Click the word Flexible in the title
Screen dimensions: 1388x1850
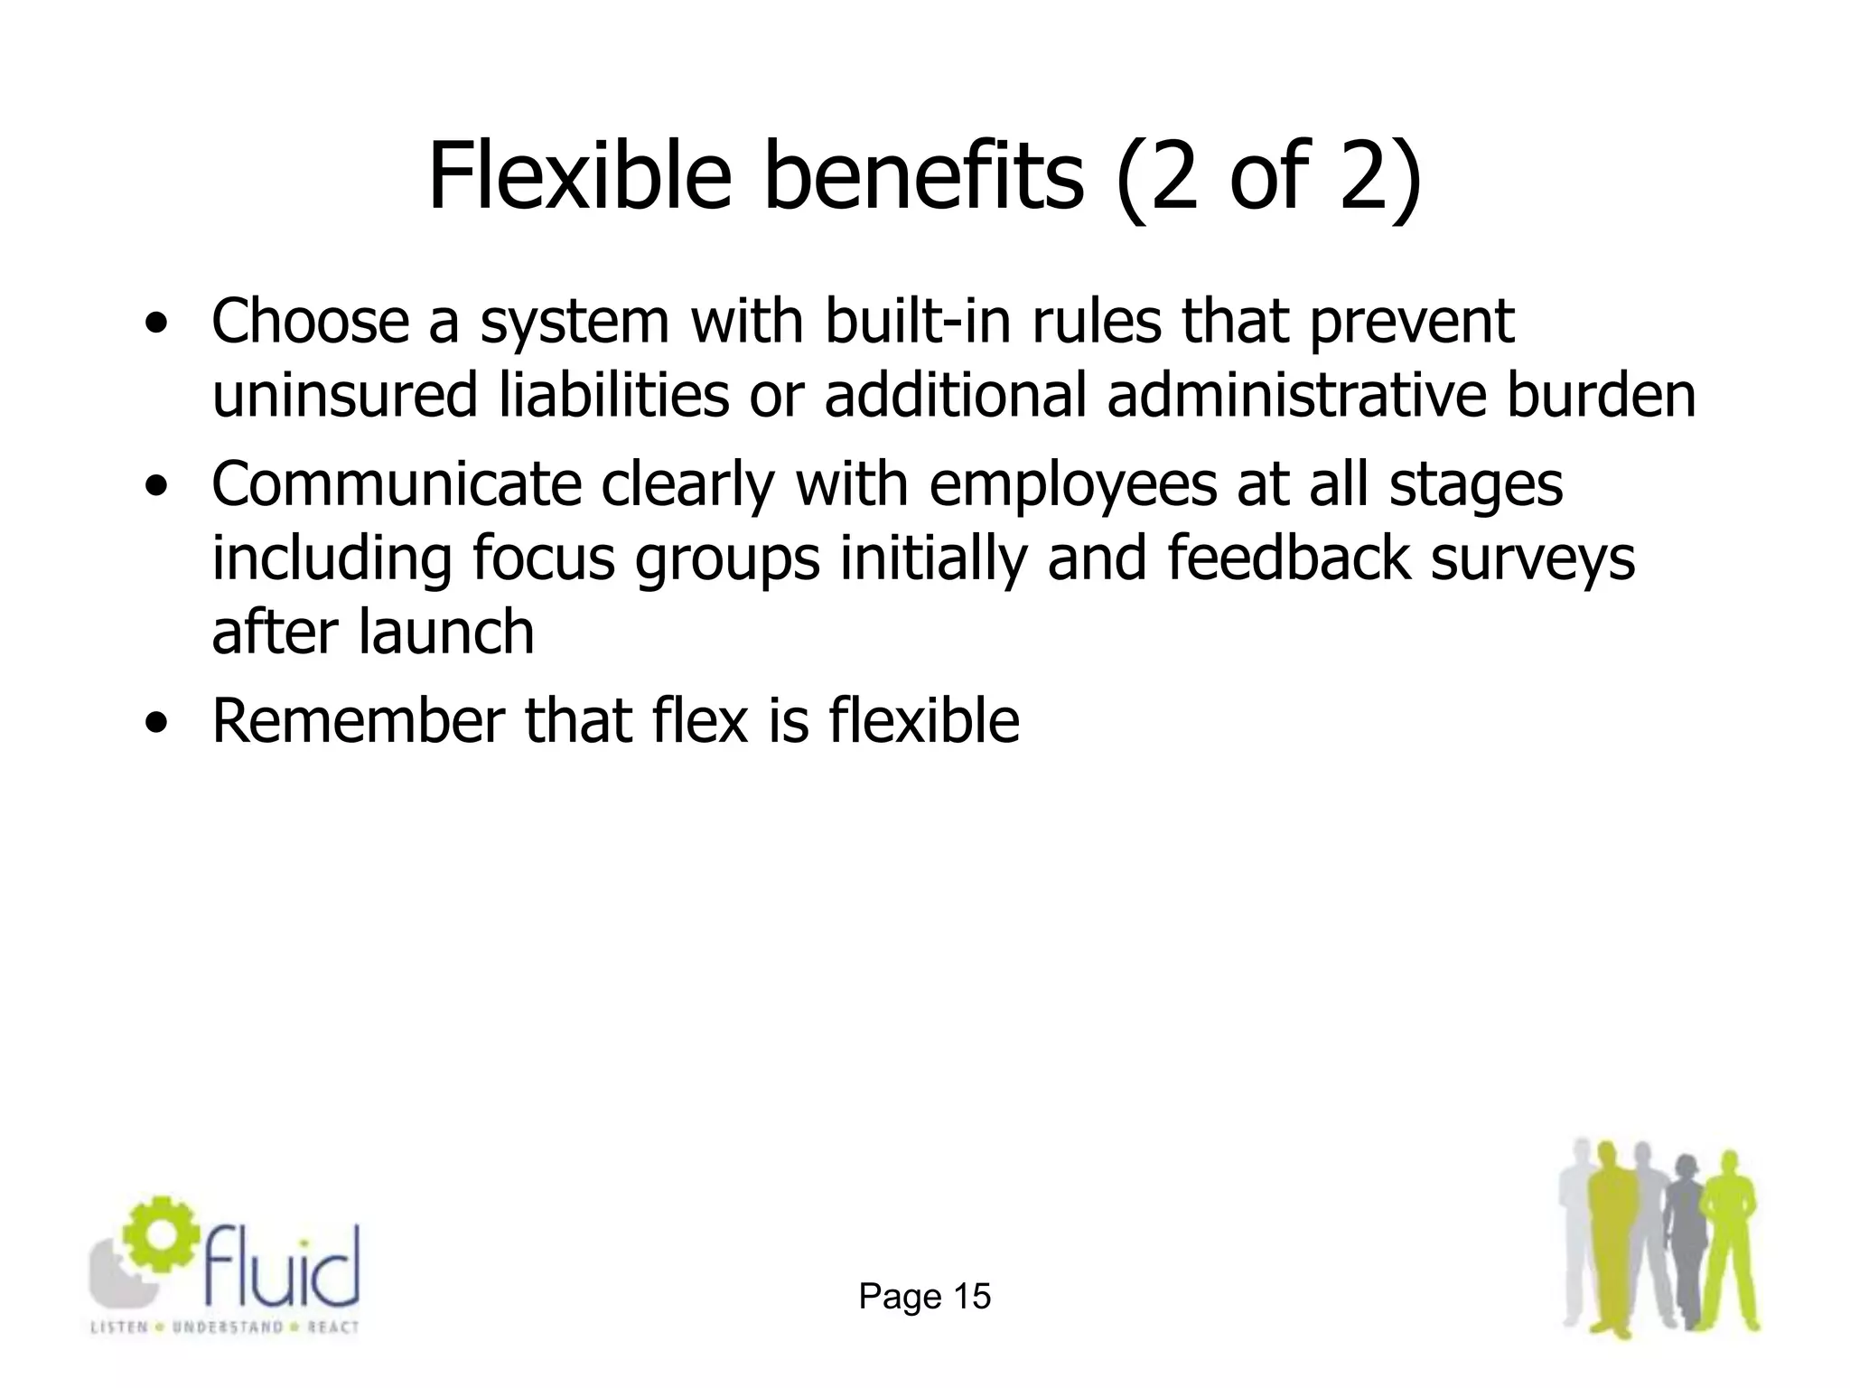[x=579, y=176]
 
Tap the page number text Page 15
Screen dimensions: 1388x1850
[x=924, y=1297]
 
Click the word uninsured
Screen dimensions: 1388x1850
[x=344, y=396]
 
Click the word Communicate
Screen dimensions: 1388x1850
[x=397, y=484]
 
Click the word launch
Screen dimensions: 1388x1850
[x=446, y=631]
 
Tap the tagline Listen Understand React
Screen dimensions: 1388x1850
[x=225, y=1327]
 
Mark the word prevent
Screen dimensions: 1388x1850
[x=1411, y=324]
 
